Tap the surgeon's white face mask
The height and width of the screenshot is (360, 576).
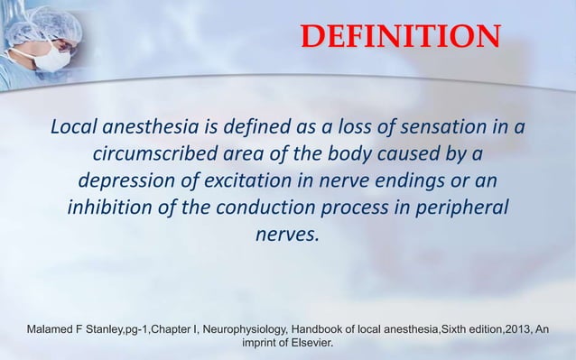57,56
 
